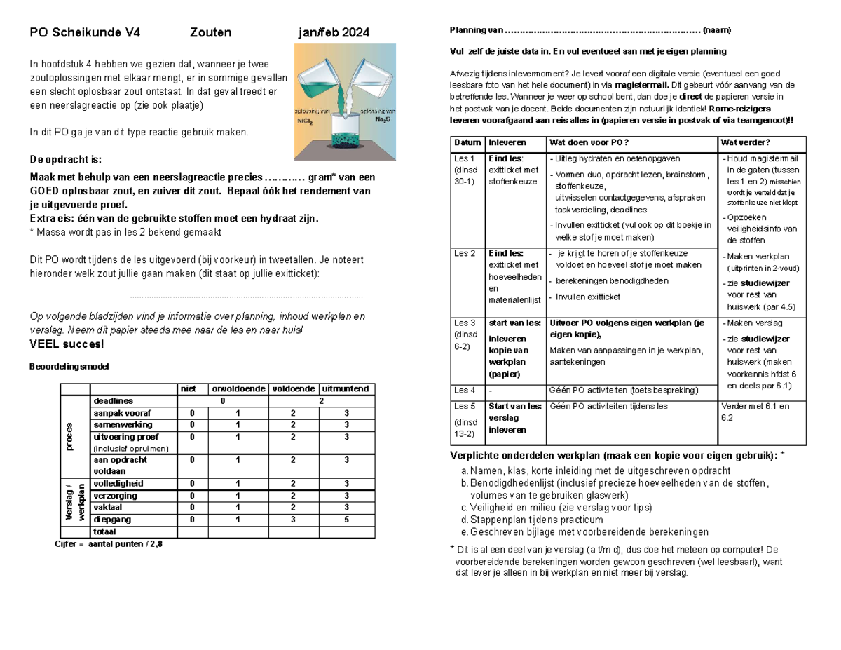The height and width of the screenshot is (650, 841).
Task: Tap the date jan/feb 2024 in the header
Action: click(334, 33)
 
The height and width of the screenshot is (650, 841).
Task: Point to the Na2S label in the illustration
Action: click(383, 121)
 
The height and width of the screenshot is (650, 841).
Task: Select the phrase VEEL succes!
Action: click(67, 344)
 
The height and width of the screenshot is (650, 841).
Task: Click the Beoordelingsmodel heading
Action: click(69, 367)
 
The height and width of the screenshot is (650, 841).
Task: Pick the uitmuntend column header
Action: click(348, 389)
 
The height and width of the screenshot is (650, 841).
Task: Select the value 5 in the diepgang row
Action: click(347, 520)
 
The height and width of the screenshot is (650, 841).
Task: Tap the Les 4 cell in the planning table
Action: click(465, 390)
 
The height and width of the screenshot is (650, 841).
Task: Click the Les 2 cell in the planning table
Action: click(465, 252)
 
